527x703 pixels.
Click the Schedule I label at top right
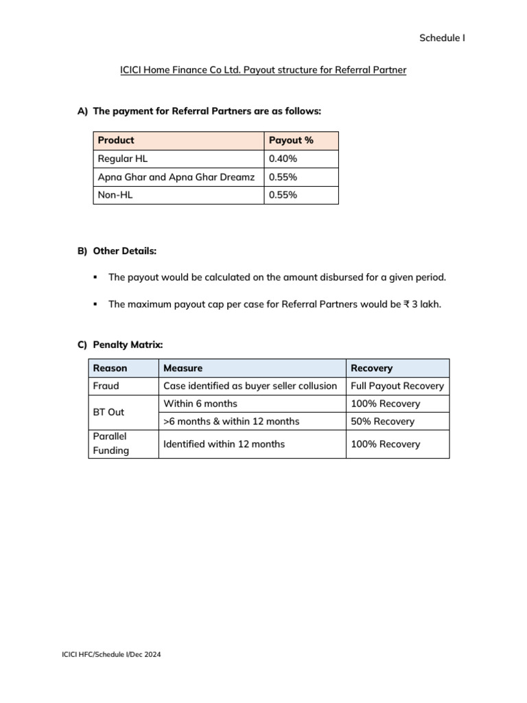442,38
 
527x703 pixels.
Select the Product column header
116,141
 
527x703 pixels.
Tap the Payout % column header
291,141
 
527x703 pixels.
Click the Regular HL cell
123,159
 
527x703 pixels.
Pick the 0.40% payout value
283,159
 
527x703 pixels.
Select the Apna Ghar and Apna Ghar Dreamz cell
176,177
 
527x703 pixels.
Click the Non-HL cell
114,195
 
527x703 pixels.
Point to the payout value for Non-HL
283,195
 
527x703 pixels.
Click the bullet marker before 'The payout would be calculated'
95,277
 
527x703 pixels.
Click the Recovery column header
371,368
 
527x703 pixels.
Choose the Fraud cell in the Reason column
106,386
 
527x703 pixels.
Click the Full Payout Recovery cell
397,386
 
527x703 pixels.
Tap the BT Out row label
108,413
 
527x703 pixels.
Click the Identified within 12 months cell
224,444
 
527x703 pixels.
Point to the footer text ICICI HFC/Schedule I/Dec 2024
111,655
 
